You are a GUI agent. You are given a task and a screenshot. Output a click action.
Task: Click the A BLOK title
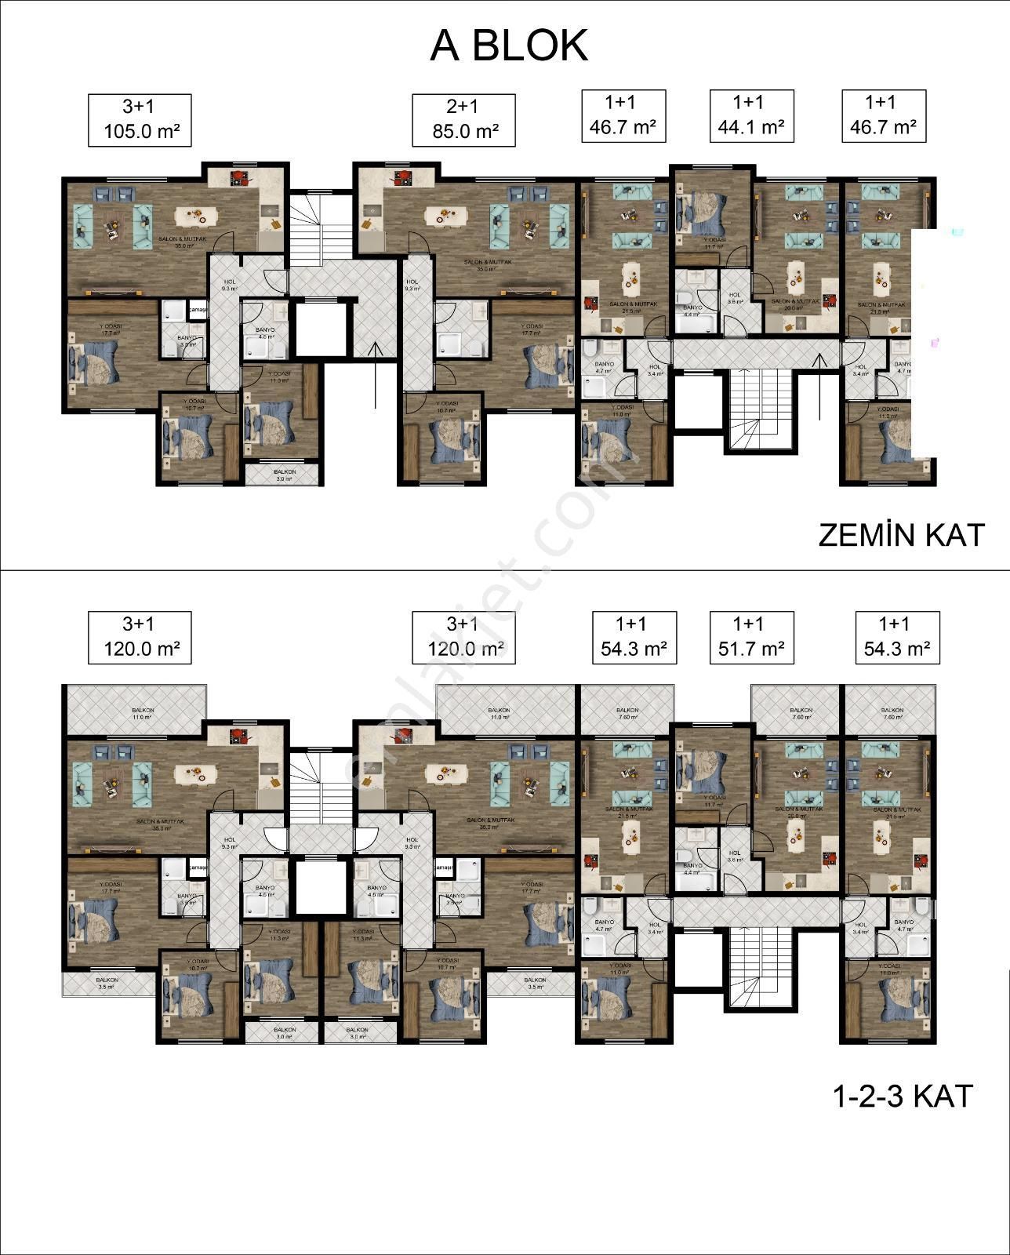508,45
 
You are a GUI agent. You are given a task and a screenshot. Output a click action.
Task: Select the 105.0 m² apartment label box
139,119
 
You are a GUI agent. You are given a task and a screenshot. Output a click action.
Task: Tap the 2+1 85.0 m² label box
463,119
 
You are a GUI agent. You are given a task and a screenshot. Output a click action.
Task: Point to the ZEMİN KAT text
901,535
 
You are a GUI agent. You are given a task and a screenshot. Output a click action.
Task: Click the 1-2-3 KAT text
902,1096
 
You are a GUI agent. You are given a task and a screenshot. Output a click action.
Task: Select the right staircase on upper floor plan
758,968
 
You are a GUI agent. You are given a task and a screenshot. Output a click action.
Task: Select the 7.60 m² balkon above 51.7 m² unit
796,712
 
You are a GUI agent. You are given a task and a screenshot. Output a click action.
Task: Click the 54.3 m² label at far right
897,637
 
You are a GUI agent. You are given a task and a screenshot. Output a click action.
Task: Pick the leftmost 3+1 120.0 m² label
139,637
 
